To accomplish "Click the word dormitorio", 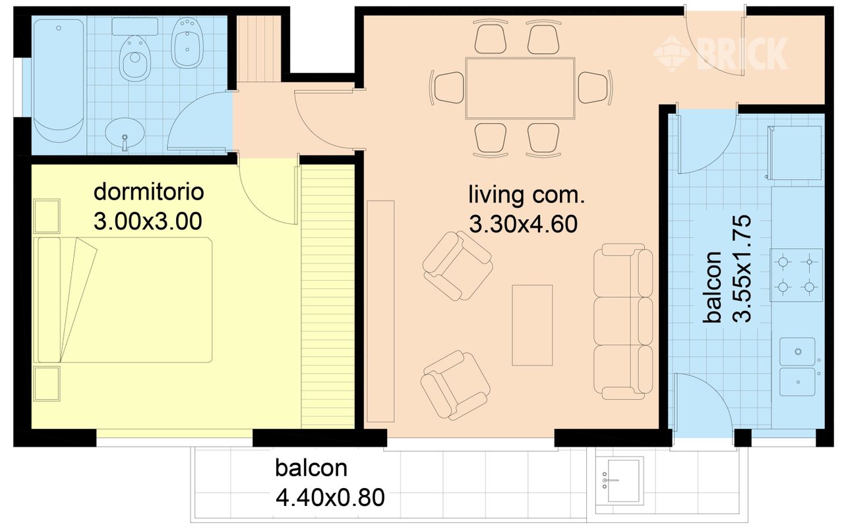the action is click(x=148, y=192).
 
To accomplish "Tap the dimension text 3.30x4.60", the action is click(x=524, y=224).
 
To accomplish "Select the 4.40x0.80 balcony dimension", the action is click(x=330, y=497).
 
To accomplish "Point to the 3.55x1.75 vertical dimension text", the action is click(x=742, y=269).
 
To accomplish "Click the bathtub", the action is click(x=59, y=81).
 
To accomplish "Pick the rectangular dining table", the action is click(x=520, y=88).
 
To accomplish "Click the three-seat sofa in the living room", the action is click(x=623, y=321).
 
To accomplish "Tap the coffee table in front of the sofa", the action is click(x=532, y=325).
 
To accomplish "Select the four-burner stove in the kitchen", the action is click(x=796, y=275).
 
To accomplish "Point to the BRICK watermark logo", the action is click(x=721, y=54).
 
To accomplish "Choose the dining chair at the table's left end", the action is click(x=447, y=88).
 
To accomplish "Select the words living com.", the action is click(x=527, y=194).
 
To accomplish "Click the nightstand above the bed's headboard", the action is click(x=47, y=216).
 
